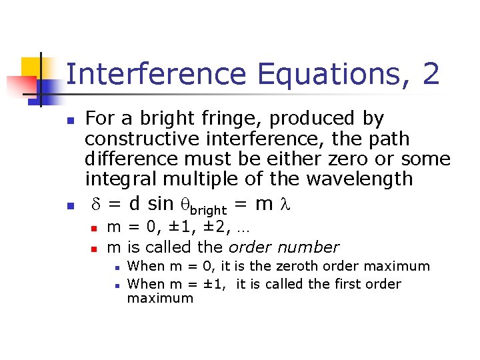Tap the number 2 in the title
click(x=431, y=73)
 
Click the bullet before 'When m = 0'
click(x=115, y=268)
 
